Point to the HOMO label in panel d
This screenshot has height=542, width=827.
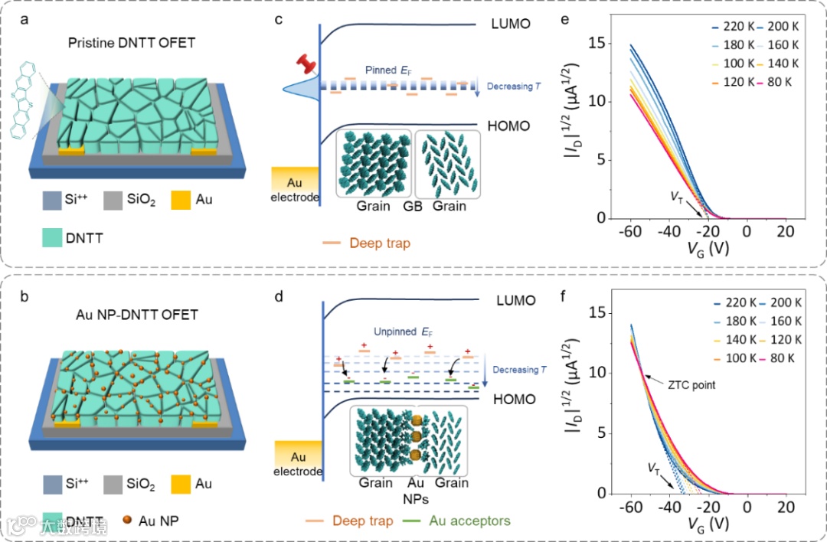(514, 399)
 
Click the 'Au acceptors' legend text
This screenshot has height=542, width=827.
(469, 521)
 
